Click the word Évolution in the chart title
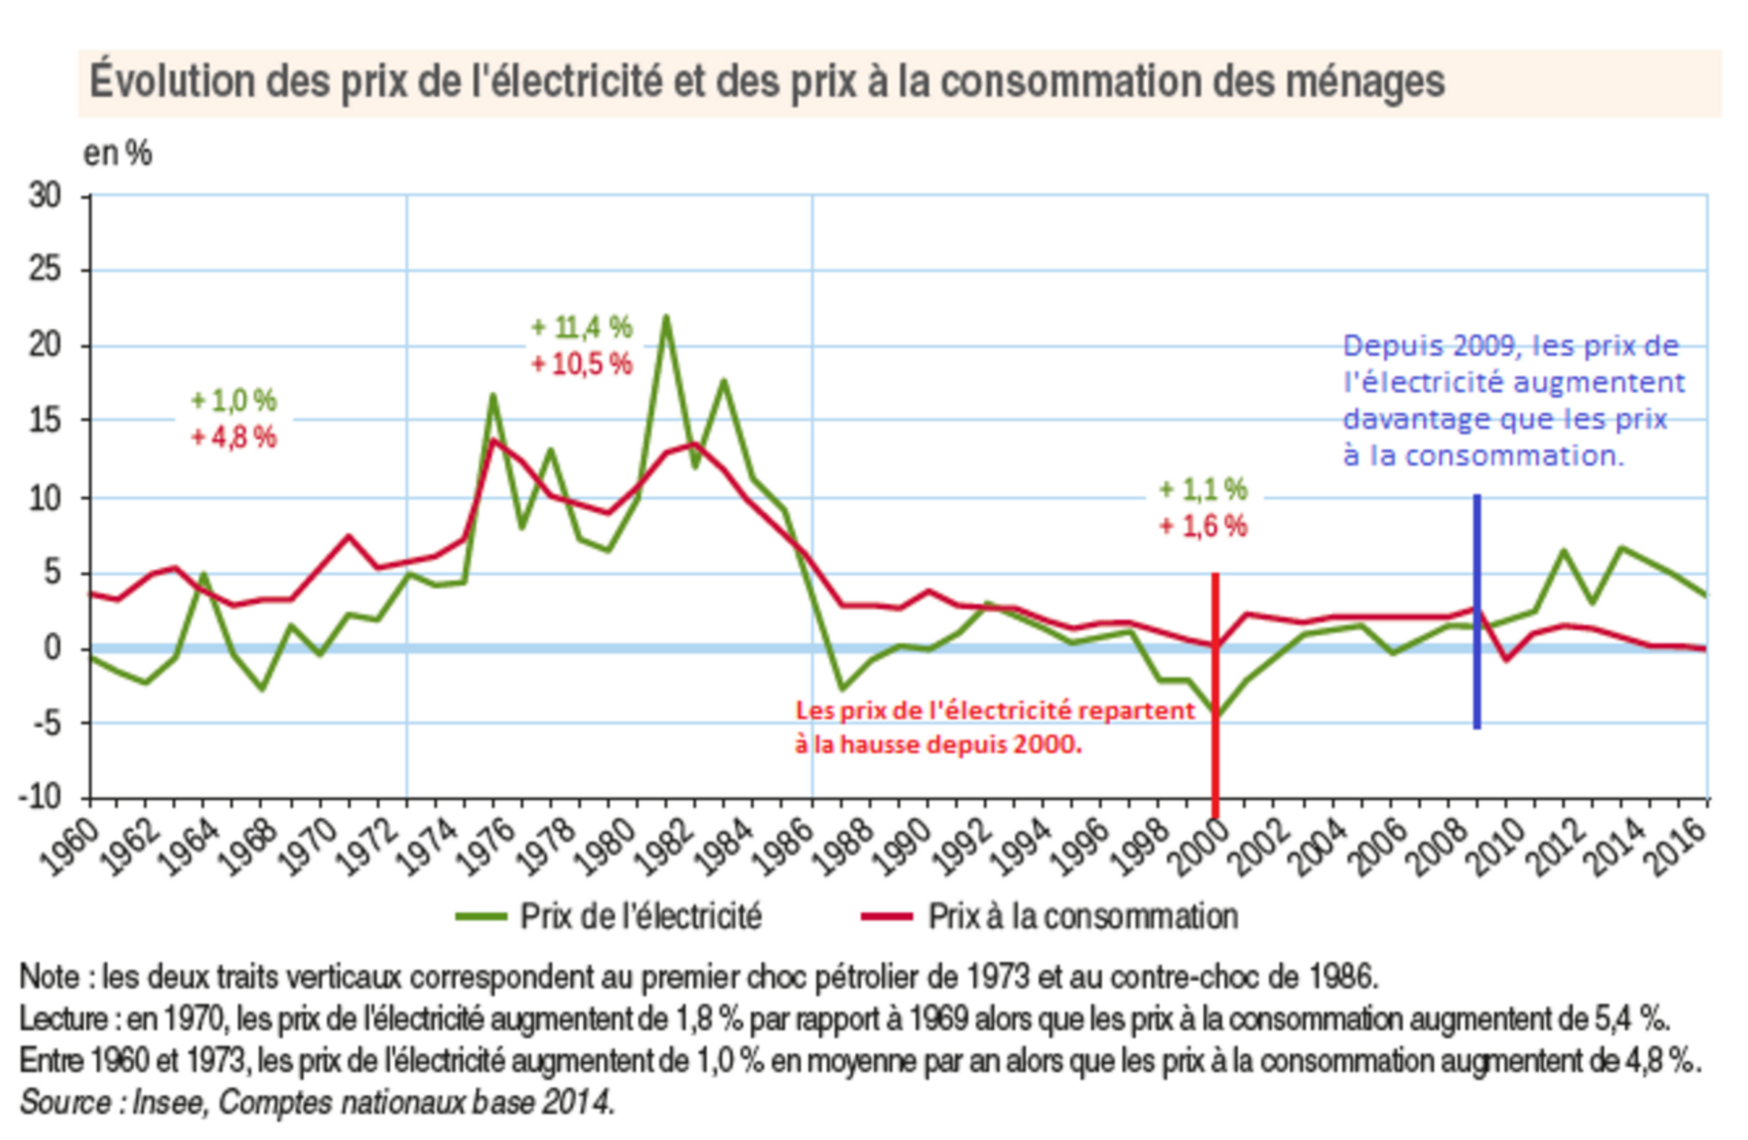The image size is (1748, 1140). (x=172, y=82)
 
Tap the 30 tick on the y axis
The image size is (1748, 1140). (x=44, y=195)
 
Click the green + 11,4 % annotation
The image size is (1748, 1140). (x=582, y=327)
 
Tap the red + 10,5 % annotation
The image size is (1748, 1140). (x=582, y=365)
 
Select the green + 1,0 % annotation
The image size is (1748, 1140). (x=234, y=400)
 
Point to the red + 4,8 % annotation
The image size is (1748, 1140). (x=234, y=437)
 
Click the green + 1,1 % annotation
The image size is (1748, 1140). (x=1203, y=489)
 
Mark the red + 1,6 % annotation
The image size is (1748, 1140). (x=1203, y=526)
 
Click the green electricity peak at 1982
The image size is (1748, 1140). (x=666, y=318)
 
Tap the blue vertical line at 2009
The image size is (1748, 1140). (x=1477, y=612)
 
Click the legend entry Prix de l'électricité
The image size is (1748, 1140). (x=640, y=917)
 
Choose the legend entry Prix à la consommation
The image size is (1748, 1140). (x=1082, y=917)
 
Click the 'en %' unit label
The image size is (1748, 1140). (x=118, y=153)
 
